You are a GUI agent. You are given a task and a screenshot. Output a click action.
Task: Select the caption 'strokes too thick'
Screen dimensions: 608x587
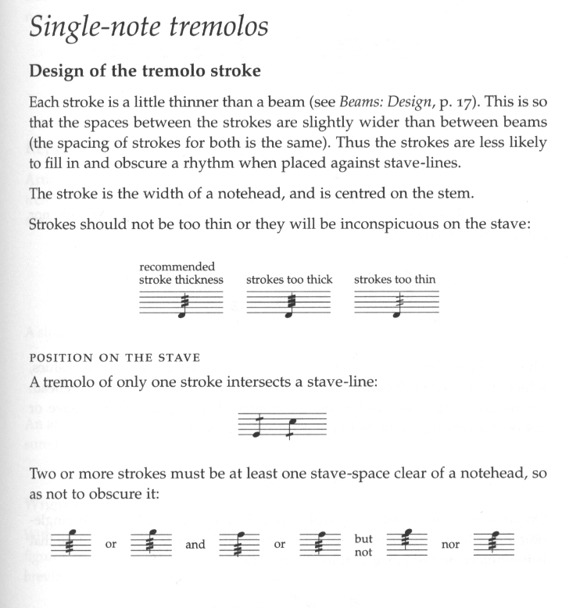(289, 279)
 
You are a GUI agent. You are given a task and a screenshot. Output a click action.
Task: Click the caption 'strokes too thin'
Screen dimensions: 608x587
(395, 279)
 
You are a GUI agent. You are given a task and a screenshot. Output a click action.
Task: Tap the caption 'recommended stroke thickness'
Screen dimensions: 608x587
(181, 274)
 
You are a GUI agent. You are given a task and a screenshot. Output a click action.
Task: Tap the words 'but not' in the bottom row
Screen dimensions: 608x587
(363, 544)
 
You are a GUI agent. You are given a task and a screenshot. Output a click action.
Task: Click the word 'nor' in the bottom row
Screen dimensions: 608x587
(451, 545)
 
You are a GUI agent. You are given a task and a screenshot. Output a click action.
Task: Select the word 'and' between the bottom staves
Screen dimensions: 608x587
(195, 545)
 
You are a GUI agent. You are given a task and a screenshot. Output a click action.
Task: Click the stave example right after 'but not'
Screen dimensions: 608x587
(406, 542)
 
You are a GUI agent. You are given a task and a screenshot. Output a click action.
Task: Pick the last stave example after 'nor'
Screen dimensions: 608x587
(494, 542)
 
